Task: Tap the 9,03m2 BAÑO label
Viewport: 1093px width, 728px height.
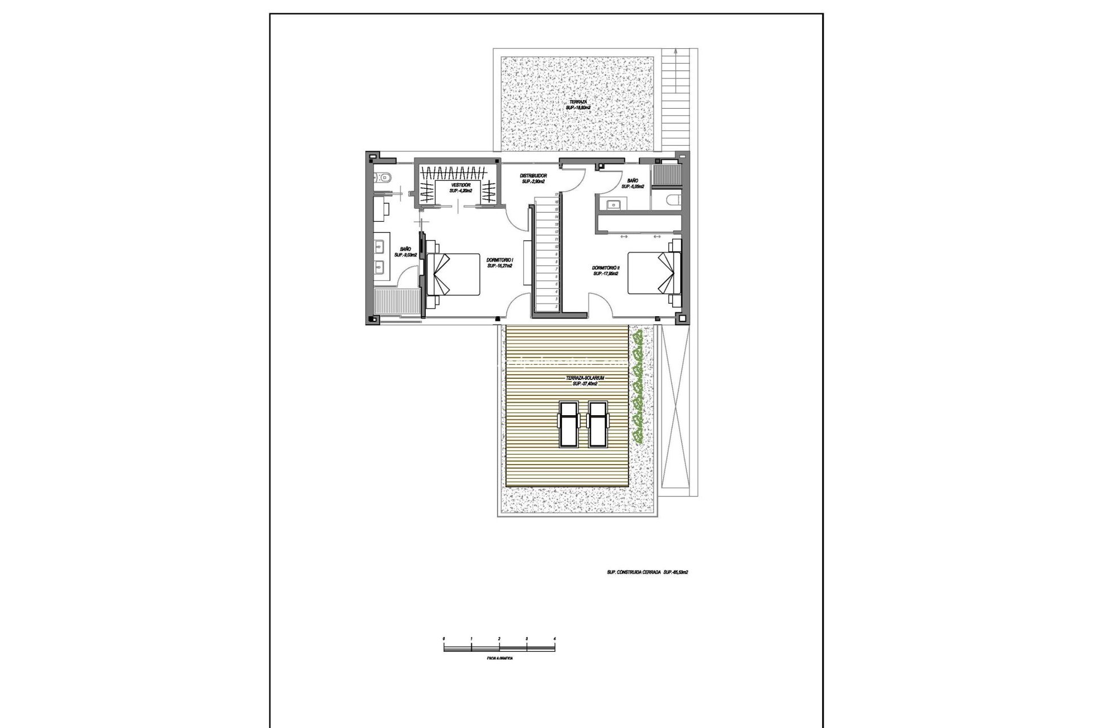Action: click(405, 252)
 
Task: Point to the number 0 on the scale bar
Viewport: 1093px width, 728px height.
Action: click(444, 639)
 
